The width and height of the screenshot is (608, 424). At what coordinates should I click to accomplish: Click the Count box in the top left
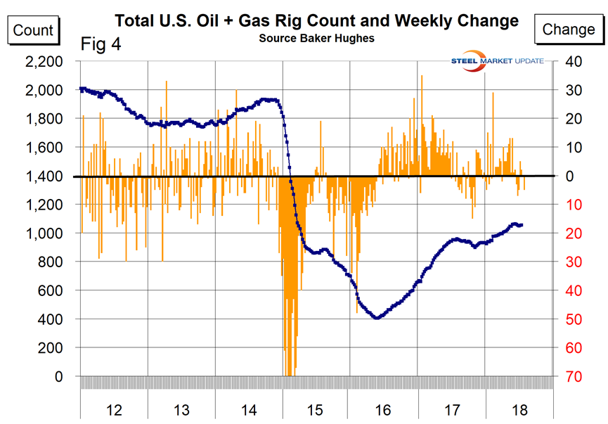pos(33,30)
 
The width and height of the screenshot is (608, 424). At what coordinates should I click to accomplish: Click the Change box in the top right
pos(569,30)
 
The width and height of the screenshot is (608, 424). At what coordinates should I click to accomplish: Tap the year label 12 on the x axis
pos(114,409)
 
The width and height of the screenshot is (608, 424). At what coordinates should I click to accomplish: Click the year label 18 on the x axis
pos(518,409)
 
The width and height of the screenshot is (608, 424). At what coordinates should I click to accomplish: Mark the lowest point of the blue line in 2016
pos(377,318)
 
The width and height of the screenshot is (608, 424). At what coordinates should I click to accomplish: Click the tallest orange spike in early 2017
pos(422,76)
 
